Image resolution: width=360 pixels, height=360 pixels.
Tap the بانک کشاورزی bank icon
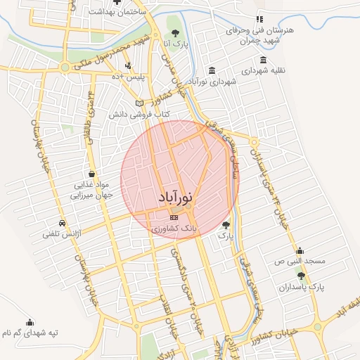(174, 218)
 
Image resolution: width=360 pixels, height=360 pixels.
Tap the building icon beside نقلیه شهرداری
(263, 60)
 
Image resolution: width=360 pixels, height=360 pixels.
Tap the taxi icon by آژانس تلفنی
(63, 223)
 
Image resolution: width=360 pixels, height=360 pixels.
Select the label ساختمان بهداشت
(117, 13)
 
